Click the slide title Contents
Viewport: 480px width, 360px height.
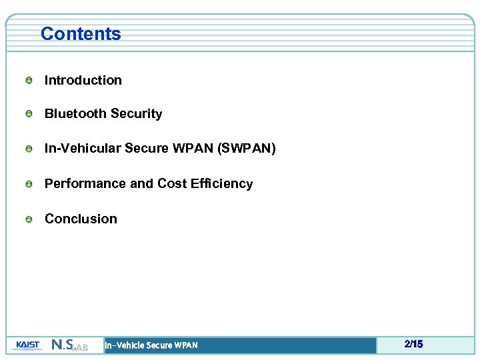pos(81,34)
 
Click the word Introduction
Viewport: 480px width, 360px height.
pos(83,81)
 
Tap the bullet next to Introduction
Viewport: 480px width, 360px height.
pos(29,81)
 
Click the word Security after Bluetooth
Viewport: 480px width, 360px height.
pos(136,114)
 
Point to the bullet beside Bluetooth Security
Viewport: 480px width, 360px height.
pos(29,115)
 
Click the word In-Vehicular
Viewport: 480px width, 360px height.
pos(83,149)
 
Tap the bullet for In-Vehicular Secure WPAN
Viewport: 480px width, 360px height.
pos(29,149)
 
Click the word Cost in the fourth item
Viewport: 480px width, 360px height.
pos(171,184)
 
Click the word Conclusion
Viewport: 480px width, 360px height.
pos(81,219)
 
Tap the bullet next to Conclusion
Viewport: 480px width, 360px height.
pos(29,219)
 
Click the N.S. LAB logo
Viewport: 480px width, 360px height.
pos(69,345)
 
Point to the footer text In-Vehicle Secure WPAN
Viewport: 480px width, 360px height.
pos(151,345)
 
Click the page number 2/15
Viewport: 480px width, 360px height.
pos(413,345)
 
